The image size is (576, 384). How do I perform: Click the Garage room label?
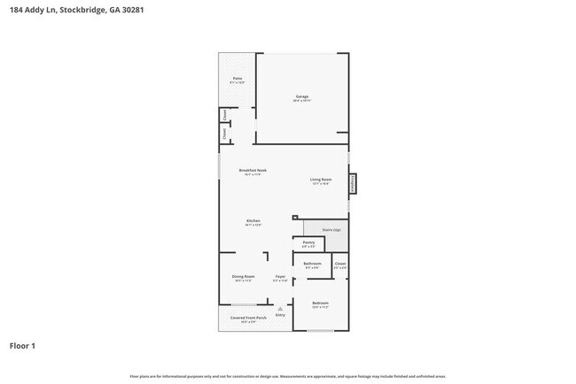[x=301, y=96]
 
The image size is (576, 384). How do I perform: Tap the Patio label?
[x=237, y=80]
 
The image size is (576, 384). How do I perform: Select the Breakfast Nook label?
[x=253, y=171]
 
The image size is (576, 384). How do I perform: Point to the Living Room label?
[x=320, y=180]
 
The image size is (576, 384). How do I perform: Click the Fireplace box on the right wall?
[x=353, y=183]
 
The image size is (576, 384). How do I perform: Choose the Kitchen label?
[x=253, y=221]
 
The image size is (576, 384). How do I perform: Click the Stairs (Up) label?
[x=331, y=230]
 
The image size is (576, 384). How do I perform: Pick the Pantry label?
[x=308, y=243]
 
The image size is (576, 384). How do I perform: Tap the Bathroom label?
[x=312, y=264]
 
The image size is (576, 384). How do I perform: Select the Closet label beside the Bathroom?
[x=339, y=264]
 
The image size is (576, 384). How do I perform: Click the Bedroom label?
[x=320, y=304]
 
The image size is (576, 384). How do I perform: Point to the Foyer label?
[x=279, y=278]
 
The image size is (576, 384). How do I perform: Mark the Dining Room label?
[x=243, y=278]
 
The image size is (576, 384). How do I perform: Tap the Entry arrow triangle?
[x=280, y=308]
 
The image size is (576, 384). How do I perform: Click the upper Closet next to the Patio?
[x=226, y=114]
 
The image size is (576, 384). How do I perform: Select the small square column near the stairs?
[x=294, y=217]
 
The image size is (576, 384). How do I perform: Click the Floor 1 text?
[x=22, y=346]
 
